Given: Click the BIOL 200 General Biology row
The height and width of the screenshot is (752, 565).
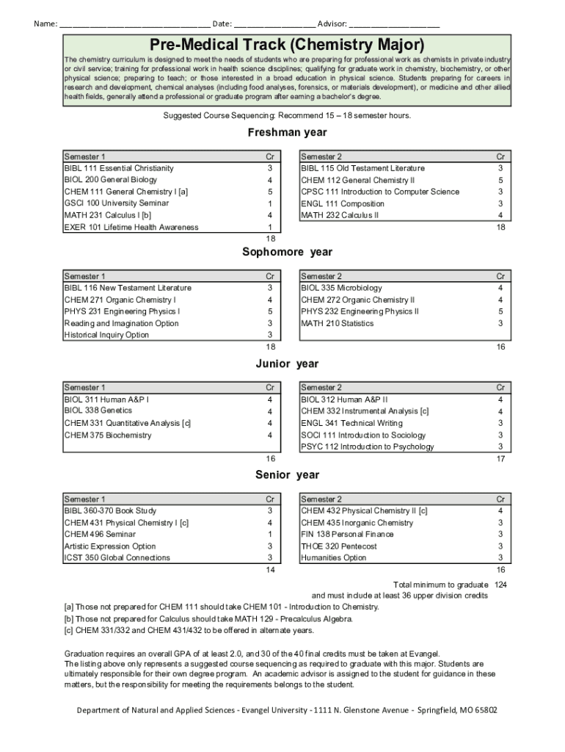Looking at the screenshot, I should [111, 180].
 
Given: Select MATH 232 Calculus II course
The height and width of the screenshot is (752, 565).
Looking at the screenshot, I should [340, 215].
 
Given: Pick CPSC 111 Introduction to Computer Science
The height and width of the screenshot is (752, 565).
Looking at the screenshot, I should [380, 192].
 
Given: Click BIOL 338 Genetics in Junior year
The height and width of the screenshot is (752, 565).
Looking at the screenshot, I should [98, 411].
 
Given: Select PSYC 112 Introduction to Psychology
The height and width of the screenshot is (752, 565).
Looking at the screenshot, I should [367, 446].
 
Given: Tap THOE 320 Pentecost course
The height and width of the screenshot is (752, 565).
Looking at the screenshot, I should [338, 546].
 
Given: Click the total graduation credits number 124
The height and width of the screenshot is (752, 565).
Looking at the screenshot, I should [500, 585].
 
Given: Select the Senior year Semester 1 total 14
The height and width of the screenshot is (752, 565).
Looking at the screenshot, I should [270, 570].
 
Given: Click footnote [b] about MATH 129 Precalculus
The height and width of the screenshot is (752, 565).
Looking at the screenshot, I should [208, 618].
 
